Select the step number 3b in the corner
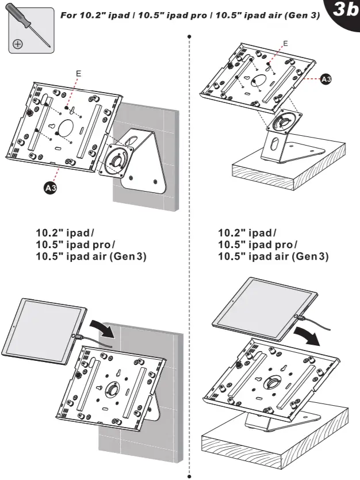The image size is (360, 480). (x=344, y=12)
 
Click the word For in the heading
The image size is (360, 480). (x=70, y=14)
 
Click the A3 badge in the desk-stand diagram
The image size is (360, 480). (x=325, y=80)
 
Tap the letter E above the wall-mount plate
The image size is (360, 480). (x=79, y=74)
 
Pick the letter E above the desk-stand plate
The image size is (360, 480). (x=286, y=43)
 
